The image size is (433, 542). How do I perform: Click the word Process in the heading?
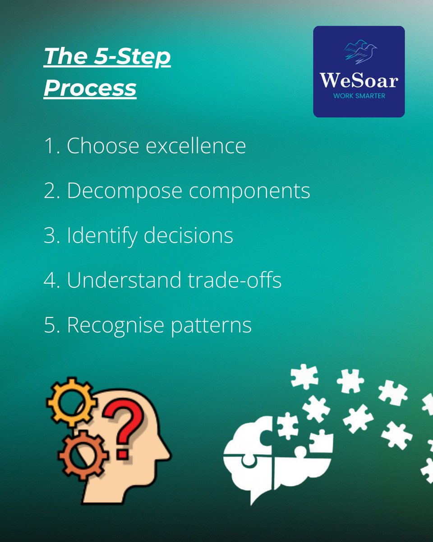click(x=90, y=88)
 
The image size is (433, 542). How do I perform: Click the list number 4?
click(x=49, y=280)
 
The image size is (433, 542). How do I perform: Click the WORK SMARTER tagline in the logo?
click(x=359, y=96)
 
